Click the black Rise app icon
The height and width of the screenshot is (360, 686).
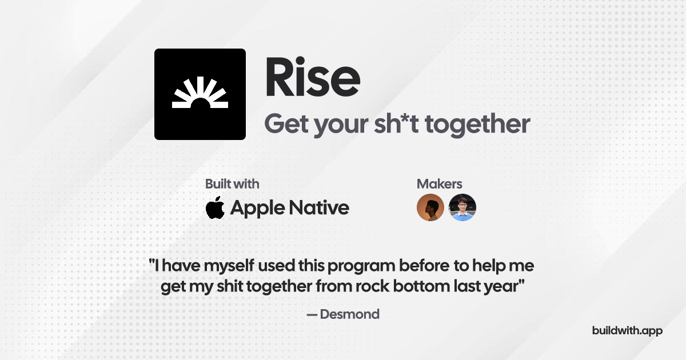(x=200, y=94)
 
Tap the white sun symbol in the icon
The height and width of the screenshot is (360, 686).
(x=200, y=93)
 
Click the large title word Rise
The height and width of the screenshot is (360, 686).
(x=313, y=77)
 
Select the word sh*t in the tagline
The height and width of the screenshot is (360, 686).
(x=396, y=124)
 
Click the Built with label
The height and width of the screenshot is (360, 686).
(x=232, y=184)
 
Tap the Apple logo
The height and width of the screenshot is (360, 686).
(x=215, y=207)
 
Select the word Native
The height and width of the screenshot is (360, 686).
(x=319, y=208)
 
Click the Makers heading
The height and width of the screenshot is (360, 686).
(x=440, y=184)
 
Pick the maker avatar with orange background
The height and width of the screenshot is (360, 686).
(x=430, y=207)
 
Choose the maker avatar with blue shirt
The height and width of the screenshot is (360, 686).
(x=462, y=207)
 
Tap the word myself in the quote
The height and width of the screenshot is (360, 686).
(x=229, y=266)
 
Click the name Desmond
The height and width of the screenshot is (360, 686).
(x=350, y=314)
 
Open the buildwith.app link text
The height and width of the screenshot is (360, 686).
(x=627, y=331)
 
